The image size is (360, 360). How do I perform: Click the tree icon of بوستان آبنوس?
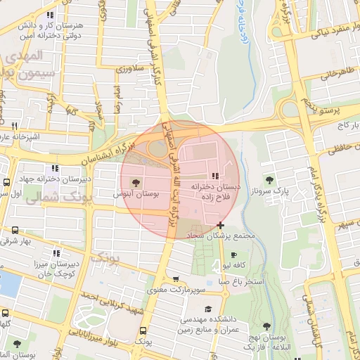[146, 181]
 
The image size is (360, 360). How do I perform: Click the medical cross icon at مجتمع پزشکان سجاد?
[221, 224]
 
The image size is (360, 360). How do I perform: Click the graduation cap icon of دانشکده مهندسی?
[207, 309]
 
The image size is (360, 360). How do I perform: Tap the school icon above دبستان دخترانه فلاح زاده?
[214, 176]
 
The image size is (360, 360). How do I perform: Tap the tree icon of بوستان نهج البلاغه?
[267, 326]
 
